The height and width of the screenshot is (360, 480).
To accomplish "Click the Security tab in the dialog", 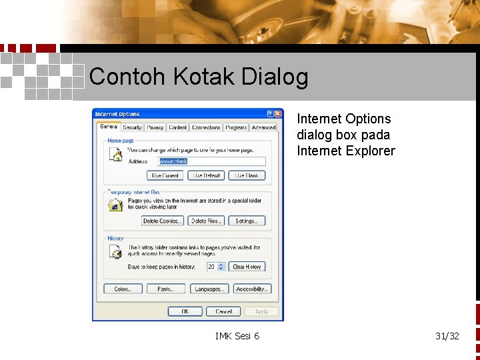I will (x=132, y=127).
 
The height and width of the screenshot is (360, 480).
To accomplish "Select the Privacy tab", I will (x=155, y=127).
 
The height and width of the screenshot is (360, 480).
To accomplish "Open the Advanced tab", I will (x=263, y=127).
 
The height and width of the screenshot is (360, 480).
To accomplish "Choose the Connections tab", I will (x=206, y=127).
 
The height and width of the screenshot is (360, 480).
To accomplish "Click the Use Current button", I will (x=165, y=175).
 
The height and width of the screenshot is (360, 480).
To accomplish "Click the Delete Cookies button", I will (x=162, y=221).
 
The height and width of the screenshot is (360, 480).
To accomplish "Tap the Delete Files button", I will (x=206, y=221).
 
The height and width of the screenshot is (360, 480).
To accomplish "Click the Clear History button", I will (x=247, y=267).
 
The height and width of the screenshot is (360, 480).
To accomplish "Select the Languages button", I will (x=210, y=289).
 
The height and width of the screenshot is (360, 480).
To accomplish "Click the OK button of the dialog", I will (x=185, y=311).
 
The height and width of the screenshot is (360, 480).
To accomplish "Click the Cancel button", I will (x=223, y=311).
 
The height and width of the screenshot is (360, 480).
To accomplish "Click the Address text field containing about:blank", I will (x=211, y=161).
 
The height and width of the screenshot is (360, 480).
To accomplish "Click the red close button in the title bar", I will (x=278, y=114).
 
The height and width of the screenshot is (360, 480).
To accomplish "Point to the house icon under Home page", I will (x=115, y=155).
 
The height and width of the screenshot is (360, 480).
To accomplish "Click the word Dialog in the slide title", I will (x=275, y=77).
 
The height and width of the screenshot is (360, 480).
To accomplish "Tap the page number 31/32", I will (x=447, y=335).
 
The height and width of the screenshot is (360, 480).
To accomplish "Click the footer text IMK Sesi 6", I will (x=237, y=335).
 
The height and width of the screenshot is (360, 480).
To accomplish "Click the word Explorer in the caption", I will (x=370, y=151).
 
